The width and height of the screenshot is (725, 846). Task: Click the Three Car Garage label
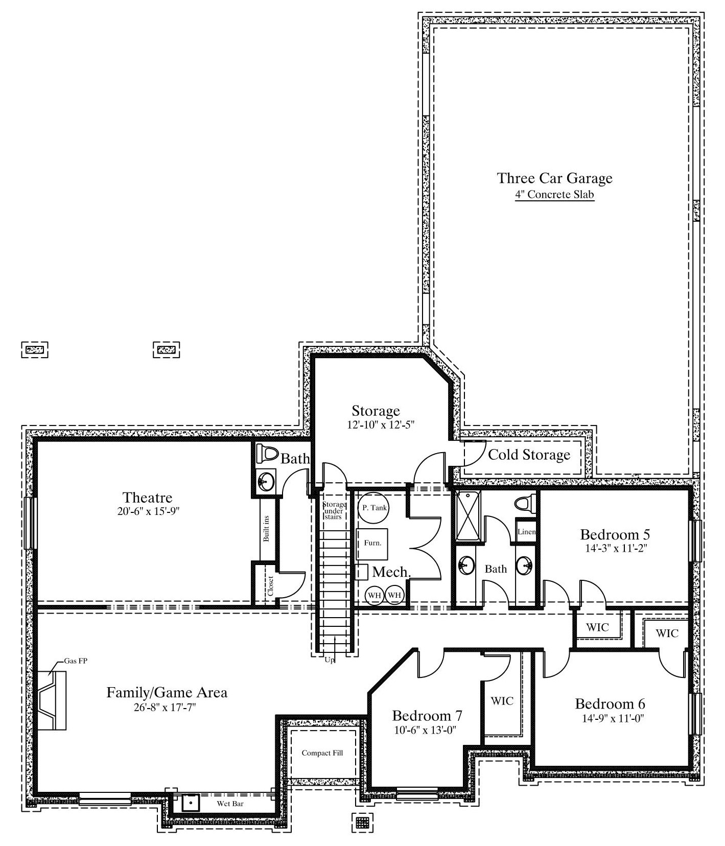[555, 178]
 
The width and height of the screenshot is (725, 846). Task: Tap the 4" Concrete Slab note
[555, 195]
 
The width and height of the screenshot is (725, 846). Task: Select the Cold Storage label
[529, 455]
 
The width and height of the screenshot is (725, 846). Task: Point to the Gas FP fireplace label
[76, 661]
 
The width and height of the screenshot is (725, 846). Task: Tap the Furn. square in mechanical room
[372, 544]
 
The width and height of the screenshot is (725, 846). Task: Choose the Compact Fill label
[322, 753]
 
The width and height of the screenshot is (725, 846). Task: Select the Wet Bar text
[230, 804]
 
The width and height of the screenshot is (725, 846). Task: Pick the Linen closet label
[526, 532]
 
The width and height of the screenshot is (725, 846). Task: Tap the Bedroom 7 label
[427, 715]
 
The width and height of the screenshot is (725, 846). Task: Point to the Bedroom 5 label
[615, 535]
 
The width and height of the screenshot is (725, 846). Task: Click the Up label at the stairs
[330, 660]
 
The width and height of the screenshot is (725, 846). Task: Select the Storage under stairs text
[334, 511]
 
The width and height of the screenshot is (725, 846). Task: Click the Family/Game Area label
[167, 693]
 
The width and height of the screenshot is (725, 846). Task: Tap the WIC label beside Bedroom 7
[502, 701]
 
